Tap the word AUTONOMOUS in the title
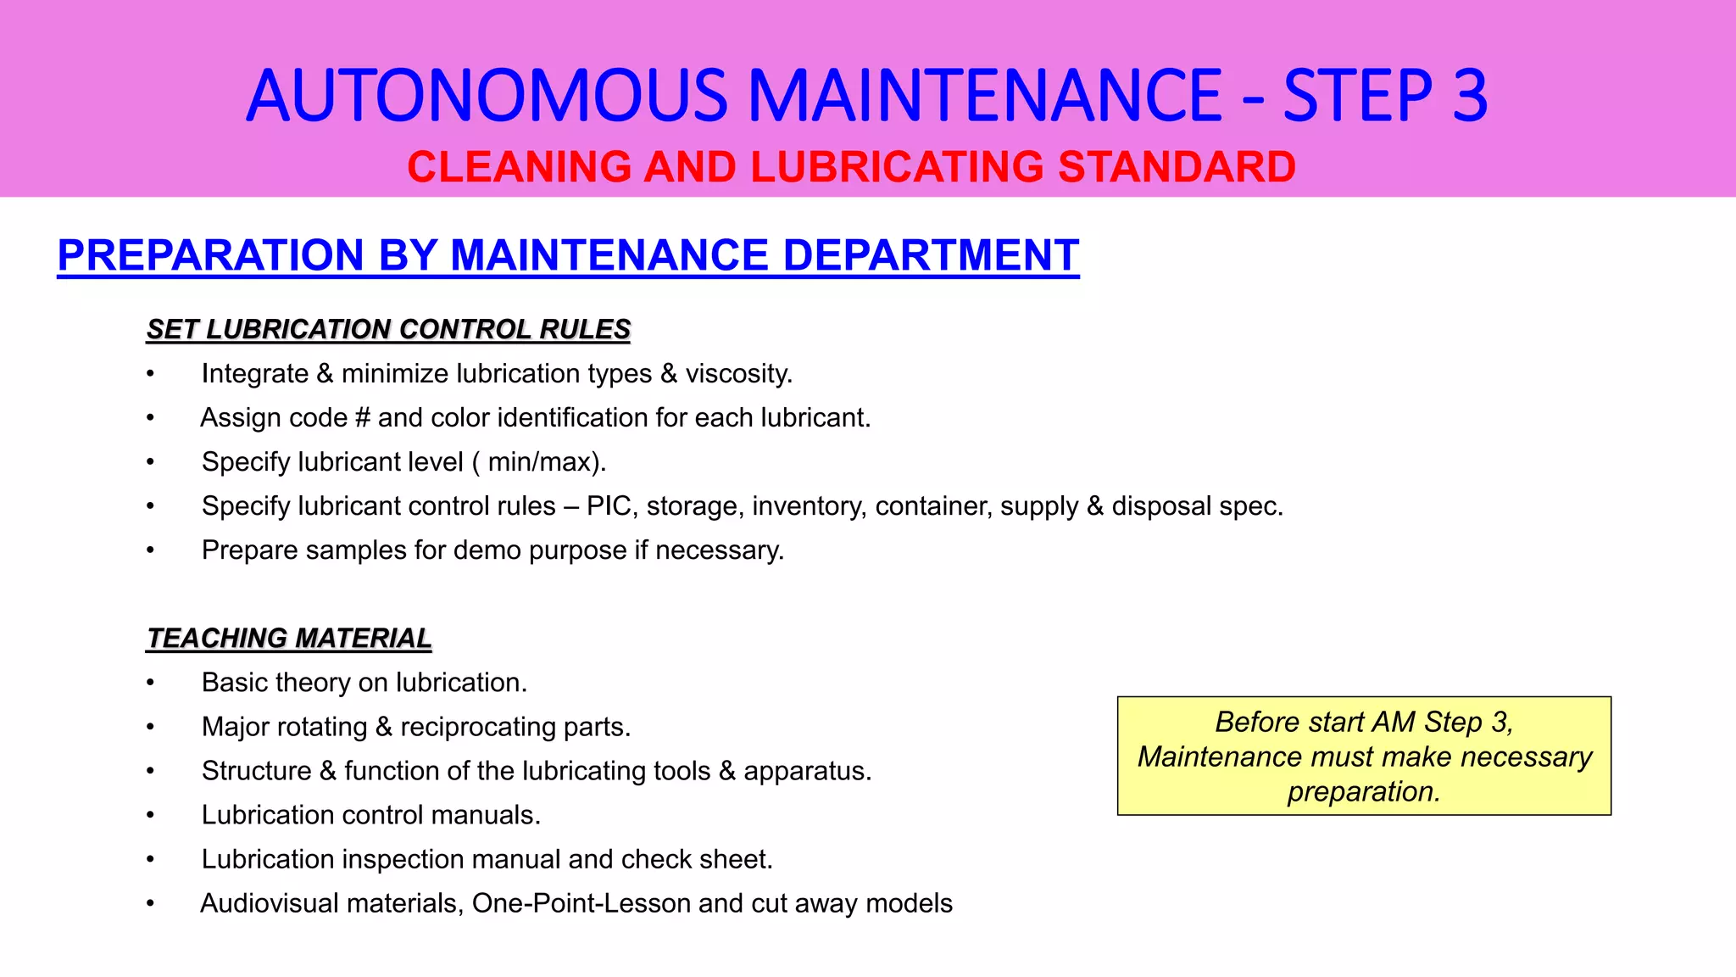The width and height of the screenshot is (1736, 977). (x=487, y=95)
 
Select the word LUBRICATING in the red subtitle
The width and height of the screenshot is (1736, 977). (x=896, y=167)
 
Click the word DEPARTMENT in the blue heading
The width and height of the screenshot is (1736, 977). (x=930, y=255)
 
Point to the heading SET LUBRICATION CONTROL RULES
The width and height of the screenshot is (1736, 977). (x=388, y=329)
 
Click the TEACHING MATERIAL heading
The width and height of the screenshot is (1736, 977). (x=289, y=638)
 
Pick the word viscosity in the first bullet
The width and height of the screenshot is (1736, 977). (x=738, y=374)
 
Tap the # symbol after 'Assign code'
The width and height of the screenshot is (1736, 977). (x=363, y=418)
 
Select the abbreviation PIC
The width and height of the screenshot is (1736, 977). (x=609, y=506)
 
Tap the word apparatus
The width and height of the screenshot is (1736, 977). (x=807, y=771)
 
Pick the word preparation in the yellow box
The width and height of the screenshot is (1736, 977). (x=1364, y=791)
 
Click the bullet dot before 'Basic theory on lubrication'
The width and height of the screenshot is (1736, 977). (x=150, y=683)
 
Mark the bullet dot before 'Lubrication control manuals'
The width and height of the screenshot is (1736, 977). (x=150, y=815)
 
